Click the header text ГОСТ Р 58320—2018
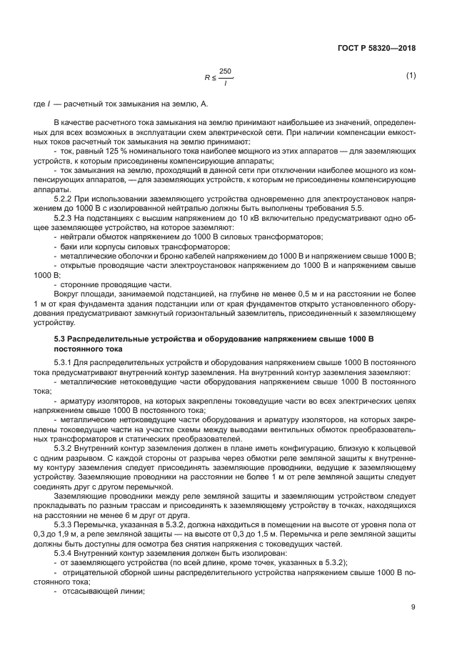tap(377, 48)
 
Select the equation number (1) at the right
tap(411, 76)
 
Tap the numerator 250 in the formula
tap(226, 71)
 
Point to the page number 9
tap(413, 607)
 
